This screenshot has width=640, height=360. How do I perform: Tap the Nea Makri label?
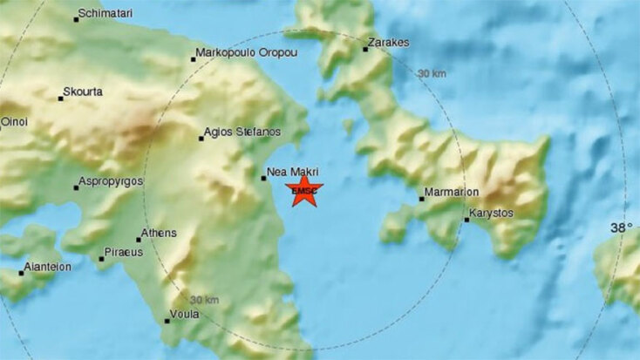click(293, 172)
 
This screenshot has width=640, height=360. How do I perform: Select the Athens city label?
click(160, 233)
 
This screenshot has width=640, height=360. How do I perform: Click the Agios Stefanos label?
click(242, 132)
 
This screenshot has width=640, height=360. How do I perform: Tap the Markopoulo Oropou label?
click(247, 53)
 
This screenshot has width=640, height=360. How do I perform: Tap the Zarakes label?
click(389, 42)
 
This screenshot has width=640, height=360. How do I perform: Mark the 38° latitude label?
click(622, 228)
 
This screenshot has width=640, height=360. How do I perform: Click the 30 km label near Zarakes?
click(432, 74)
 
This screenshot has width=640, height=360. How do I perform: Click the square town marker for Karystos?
click(466, 219)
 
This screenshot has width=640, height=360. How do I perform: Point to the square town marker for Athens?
click(139, 239)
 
